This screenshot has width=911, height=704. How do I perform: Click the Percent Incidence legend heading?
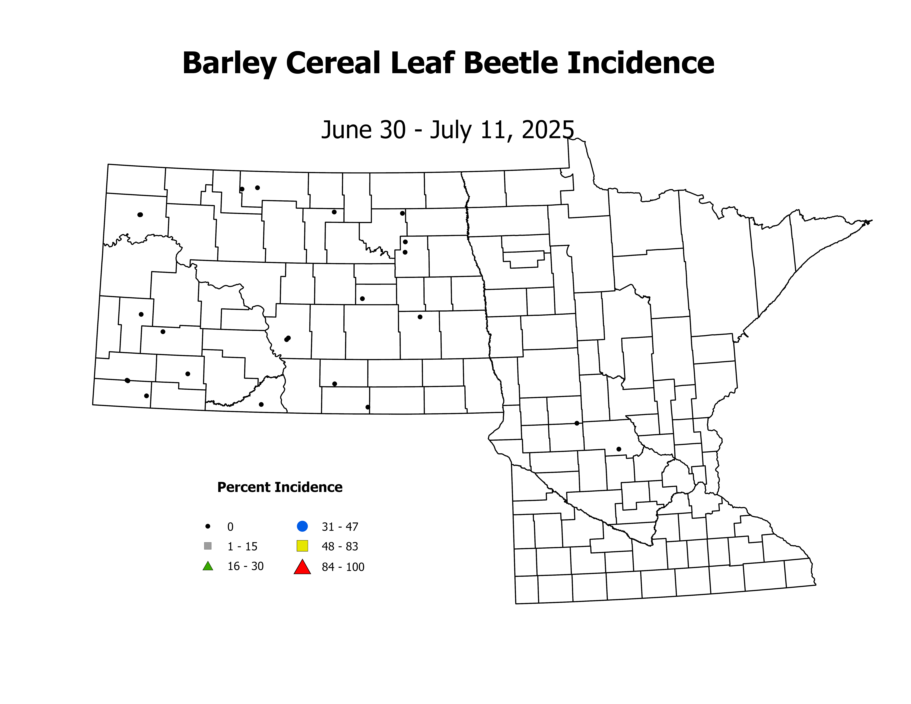[280, 487]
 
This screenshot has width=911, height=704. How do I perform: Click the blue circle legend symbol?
[302, 526]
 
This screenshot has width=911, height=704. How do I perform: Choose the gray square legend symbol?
[208, 546]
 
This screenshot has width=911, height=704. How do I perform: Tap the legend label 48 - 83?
[340, 546]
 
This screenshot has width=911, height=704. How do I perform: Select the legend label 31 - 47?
[340, 527]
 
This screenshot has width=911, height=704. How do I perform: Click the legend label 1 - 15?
[242, 546]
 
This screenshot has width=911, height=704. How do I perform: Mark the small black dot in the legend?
[208, 526]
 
